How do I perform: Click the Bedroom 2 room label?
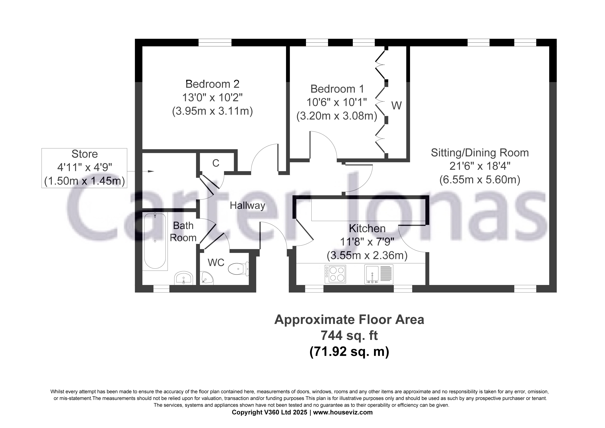pos(212,84)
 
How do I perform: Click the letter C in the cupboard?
pos(216,163)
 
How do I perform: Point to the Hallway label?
pos(247,206)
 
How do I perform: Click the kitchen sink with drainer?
pos(379,274)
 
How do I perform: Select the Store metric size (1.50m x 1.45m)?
pos(84,181)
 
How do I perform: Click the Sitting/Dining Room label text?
pos(480,153)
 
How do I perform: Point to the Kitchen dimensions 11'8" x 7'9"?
pos(367,242)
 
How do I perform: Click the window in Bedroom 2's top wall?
pos(215,42)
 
